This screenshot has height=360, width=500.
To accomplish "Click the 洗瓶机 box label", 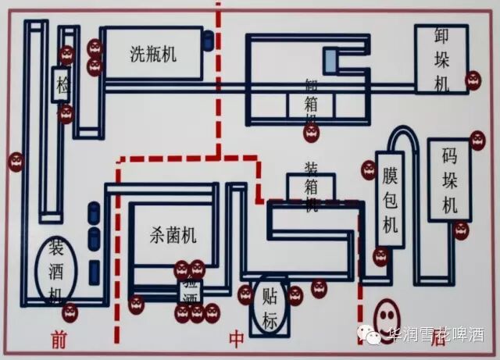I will [152, 53].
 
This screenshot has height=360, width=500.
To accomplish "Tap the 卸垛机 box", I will [441, 59].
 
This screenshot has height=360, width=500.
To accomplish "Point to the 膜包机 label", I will [389, 201].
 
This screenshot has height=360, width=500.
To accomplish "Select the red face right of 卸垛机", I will [473, 80].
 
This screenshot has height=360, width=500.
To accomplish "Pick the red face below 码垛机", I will [461, 230].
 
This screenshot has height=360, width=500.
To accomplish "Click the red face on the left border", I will [16, 162].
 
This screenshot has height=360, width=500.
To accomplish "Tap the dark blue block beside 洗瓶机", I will [208, 41].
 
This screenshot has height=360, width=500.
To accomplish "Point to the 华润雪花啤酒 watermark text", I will [436, 335].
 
